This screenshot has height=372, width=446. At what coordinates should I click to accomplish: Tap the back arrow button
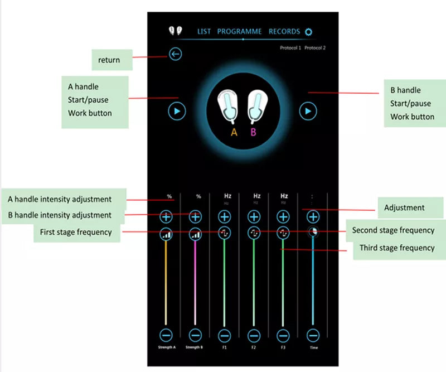pos(176,54)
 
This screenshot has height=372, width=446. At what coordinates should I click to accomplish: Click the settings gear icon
pos(309,32)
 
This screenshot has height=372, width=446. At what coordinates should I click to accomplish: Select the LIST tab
pos(204,32)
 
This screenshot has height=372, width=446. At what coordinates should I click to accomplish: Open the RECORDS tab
pos(284,32)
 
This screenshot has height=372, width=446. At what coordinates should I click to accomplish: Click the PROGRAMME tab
pos(239,32)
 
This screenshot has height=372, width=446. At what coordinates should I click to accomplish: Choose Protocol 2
pos(315,48)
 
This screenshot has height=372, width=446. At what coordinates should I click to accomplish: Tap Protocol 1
pos(290,48)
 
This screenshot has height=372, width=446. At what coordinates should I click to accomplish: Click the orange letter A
pos(234,132)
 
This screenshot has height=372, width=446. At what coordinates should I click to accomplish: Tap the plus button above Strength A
pos(166,216)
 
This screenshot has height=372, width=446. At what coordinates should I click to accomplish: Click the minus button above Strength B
pos(195,335)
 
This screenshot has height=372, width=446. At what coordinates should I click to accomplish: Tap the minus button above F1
pos(225,335)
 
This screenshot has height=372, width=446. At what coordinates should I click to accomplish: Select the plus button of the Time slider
pos(313,216)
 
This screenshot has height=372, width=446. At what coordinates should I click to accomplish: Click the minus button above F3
pos(284,335)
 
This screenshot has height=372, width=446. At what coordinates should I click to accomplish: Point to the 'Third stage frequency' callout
pos(396,248)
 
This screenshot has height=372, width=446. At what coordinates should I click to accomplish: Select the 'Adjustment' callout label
pos(404,208)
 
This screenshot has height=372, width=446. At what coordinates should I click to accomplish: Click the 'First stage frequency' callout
pos(76,232)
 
